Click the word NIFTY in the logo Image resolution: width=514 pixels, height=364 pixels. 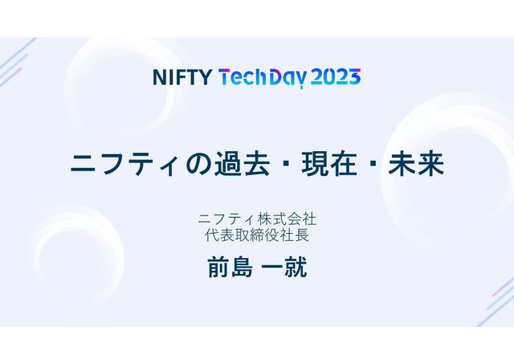click(x=182, y=77)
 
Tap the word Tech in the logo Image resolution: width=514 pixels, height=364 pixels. click(x=243, y=77)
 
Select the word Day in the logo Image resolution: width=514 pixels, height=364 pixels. click(x=286, y=78)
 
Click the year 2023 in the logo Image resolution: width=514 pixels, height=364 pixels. click(x=334, y=77)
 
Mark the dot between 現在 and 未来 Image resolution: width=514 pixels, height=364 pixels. click(x=373, y=166)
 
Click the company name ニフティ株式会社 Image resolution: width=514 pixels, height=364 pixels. click(x=257, y=219)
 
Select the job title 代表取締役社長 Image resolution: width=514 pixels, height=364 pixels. click(x=257, y=235)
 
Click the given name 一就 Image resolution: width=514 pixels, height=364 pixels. click(x=284, y=268)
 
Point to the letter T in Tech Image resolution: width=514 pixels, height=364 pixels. click(x=226, y=77)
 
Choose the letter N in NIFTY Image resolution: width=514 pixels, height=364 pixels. click(x=159, y=77)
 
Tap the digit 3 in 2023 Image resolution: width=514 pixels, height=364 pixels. click(x=353, y=77)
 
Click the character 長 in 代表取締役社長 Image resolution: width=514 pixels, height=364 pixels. click(x=302, y=235)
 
